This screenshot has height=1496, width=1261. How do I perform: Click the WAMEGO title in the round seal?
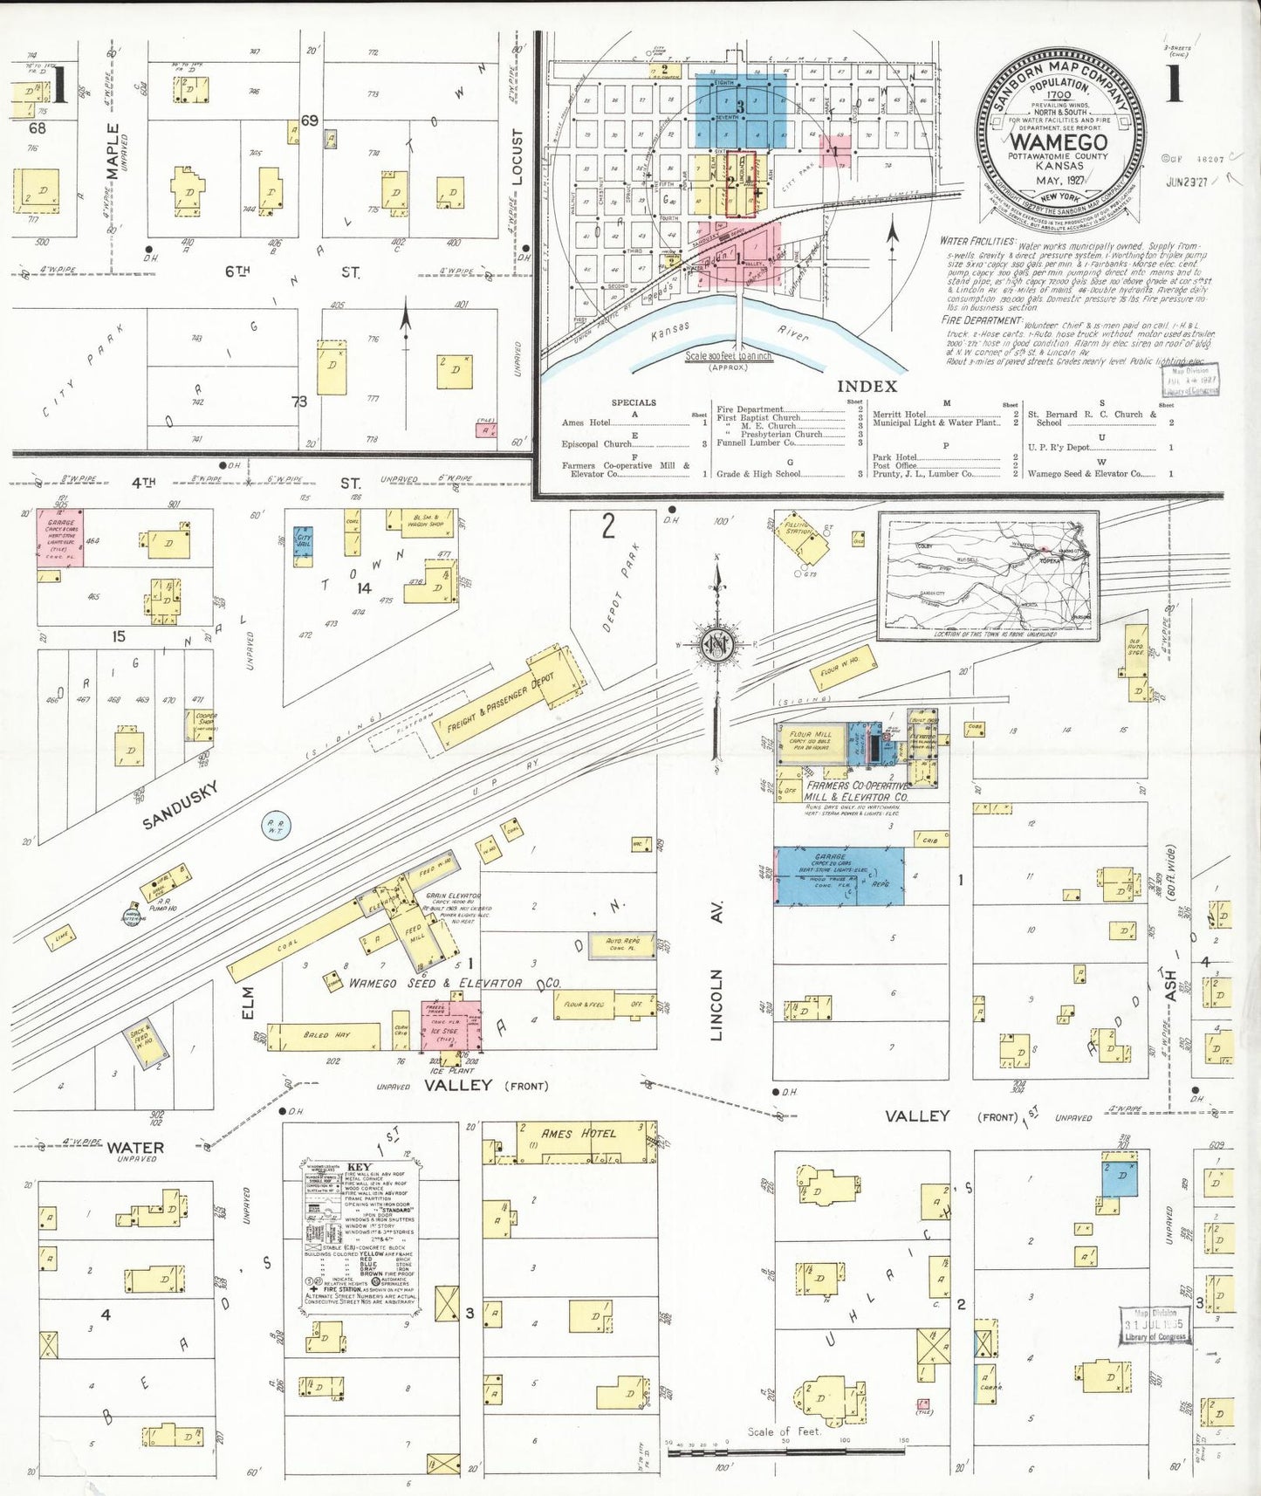click(1059, 141)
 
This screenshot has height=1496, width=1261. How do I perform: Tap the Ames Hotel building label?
click(579, 1133)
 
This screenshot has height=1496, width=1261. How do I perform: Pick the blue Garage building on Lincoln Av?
click(839, 875)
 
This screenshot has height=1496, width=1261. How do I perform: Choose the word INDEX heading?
click(867, 387)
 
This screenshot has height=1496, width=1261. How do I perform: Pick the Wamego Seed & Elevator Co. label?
click(435, 983)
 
